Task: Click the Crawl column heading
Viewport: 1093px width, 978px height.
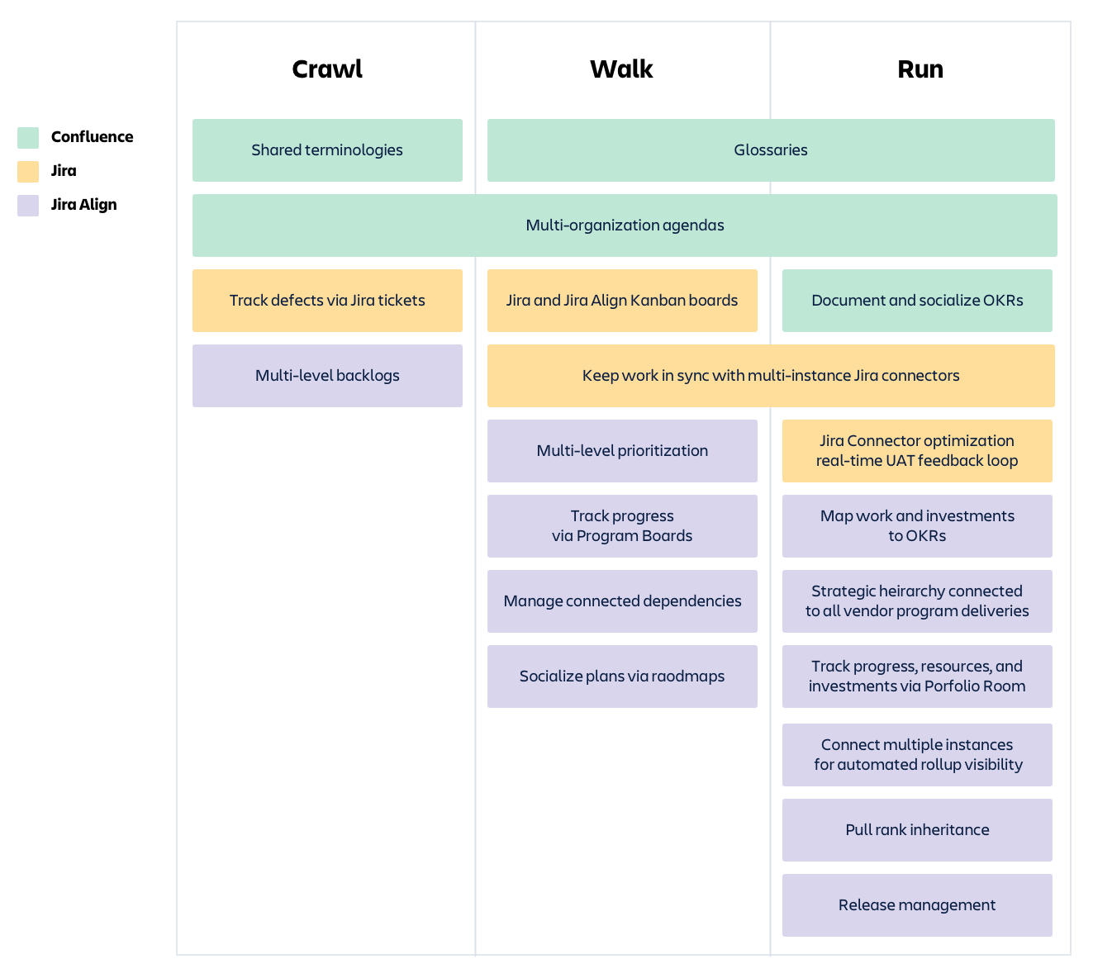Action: pos(327,69)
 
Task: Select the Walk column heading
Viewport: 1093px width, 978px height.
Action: pos(621,69)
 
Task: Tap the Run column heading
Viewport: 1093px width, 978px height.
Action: pos(920,69)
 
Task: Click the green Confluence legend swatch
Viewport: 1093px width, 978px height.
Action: pos(28,137)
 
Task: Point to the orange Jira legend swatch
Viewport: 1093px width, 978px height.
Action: pos(28,171)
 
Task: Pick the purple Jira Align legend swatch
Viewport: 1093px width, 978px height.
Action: pos(28,205)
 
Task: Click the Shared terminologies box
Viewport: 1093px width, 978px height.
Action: pos(327,150)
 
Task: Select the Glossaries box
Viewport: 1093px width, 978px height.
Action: pos(770,150)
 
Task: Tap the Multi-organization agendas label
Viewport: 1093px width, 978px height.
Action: pos(625,226)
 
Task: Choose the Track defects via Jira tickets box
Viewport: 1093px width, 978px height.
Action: pos(327,301)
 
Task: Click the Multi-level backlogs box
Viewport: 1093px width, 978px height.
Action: pos(327,376)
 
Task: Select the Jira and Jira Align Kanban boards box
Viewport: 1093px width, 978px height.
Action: pos(622,301)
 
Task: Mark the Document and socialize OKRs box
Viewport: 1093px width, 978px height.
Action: pos(917,301)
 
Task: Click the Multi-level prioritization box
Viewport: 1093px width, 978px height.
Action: pos(622,451)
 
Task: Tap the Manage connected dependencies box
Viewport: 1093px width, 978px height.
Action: pos(622,601)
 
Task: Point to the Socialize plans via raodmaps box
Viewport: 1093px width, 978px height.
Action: pos(622,677)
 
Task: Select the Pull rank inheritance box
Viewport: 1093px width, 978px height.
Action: pos(917,830)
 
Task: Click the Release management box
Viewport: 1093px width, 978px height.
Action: pos(917,905)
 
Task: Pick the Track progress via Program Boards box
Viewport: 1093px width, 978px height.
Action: pos(622,526)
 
